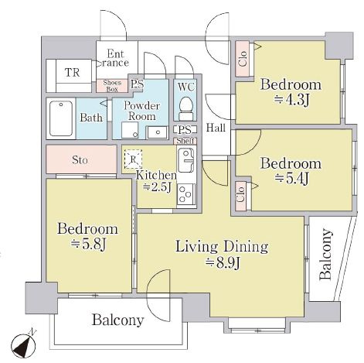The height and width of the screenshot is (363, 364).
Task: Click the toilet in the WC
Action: (186, 108)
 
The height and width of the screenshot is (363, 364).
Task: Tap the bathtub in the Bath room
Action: (61, 118)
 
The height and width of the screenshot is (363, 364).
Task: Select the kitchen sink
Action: (186, 161)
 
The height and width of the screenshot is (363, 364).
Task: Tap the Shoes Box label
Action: (112, 86)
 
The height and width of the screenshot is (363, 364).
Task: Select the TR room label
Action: (73, 73)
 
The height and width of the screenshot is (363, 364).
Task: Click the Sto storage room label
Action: (80, 160)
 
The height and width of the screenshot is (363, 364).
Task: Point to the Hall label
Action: (216, 128)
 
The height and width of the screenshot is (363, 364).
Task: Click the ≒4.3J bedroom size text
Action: (291, 100)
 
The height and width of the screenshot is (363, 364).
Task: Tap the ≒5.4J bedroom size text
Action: (291, 179)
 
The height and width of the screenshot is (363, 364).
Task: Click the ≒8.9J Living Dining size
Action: (223, 263)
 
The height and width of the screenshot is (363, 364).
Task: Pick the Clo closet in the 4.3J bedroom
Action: (243, 59)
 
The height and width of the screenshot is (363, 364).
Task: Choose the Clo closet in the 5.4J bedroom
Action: (240, 196)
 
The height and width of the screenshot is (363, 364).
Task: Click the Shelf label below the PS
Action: (185, 141)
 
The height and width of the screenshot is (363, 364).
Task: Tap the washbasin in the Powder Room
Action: (158, 132)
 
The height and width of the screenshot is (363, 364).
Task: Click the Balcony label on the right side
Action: (325, 254)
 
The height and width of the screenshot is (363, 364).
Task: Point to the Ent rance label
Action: (115, 59)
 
